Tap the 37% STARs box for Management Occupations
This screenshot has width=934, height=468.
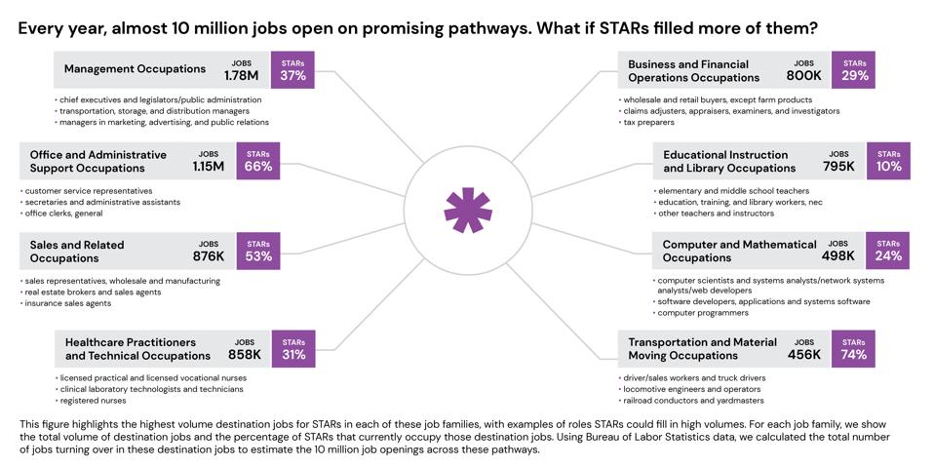coord(292,69)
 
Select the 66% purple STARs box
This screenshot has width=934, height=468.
coord(258,161)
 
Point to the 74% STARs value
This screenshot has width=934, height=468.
coord(853,349)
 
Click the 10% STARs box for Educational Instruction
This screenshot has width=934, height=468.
coord(888,161)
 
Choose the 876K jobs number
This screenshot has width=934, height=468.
coord(209,256)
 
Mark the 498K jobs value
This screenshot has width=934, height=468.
coord(837,256)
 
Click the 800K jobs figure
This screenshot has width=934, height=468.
coord(803,75)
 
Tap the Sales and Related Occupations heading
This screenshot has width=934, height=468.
coord(82,251)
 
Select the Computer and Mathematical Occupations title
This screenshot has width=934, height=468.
coord(739,251)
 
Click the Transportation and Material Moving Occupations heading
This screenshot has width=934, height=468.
coord(702,348)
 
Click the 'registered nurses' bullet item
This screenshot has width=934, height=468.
coord(93,401)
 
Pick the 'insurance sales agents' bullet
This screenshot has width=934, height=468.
coord(68,303)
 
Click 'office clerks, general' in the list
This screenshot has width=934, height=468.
coord(63,214)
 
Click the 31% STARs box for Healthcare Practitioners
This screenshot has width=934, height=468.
coord(293,349)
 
